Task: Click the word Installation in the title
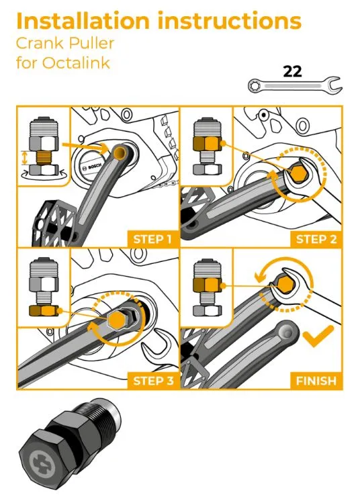(x=83, y=21)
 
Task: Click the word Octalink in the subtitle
(x=76, y=62)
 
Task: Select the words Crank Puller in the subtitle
(x=65, y=44)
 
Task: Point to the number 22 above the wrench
(x=292, y=71)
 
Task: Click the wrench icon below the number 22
(x=295, y=85)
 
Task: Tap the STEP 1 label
(x=152, y=239)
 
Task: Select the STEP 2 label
(x=316, y=239)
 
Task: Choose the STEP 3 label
(x=153, y=381)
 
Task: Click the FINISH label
(x=316, y=381)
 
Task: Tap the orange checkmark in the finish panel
(x=318, y=336)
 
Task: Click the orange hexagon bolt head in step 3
(x=117, y=320)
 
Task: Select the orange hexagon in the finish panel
(x=283, y=284)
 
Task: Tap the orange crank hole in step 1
(x=120, y=152)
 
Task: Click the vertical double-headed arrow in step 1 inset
(x=25, y=158)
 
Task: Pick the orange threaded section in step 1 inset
(x=43, y=158)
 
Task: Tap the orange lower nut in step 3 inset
(x=44, y=310)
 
